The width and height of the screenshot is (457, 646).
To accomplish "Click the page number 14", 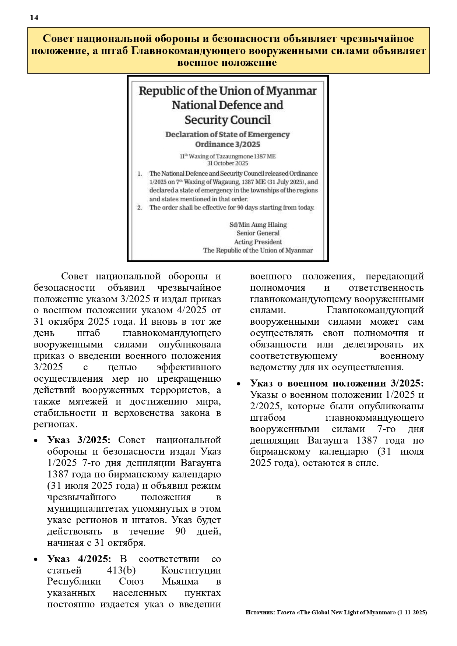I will [x=34, y=18].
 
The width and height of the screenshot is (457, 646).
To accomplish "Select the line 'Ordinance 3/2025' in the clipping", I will [x=228, y=144].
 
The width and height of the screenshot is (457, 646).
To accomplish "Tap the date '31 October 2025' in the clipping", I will [x=228, y=163].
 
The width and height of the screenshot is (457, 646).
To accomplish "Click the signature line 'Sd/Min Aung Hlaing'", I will [x=258, y=225].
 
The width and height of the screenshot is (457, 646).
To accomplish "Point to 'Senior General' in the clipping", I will [x=258, y=233].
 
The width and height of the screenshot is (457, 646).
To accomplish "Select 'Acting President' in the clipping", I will [x=258, y=242].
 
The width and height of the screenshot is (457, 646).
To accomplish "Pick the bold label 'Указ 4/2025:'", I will [x=79, y=559].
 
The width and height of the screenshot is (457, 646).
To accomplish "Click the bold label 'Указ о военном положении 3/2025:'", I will [x=337, y=383].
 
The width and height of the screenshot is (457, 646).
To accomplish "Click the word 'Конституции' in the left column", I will [x=191, y=570].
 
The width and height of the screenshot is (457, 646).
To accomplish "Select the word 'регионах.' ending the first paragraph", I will [x=55, y=424].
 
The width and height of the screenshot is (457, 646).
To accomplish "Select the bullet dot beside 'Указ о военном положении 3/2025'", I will [x=239, y=384].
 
